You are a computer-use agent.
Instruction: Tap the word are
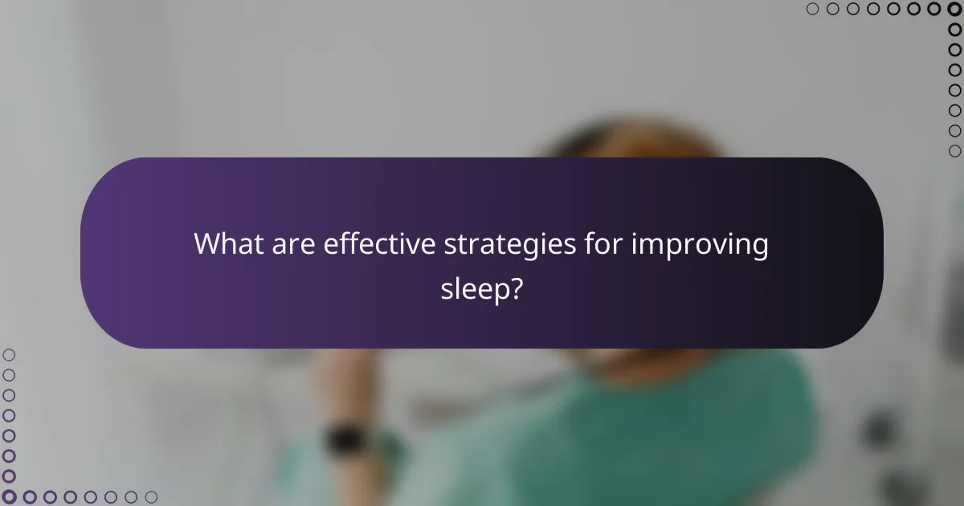point(292,244)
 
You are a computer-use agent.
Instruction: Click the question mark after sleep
point(520,288)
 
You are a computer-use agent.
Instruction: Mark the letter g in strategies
point(527,247)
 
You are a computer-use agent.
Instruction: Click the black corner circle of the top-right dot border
point(954,10)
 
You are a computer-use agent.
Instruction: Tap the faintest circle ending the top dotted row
point(812,10)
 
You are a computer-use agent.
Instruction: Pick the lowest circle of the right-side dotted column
point(954,151)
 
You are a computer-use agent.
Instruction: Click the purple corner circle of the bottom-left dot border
point(10,497)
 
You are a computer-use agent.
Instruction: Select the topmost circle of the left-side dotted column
point(10,354)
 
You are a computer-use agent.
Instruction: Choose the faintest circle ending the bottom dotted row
point(151,497)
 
